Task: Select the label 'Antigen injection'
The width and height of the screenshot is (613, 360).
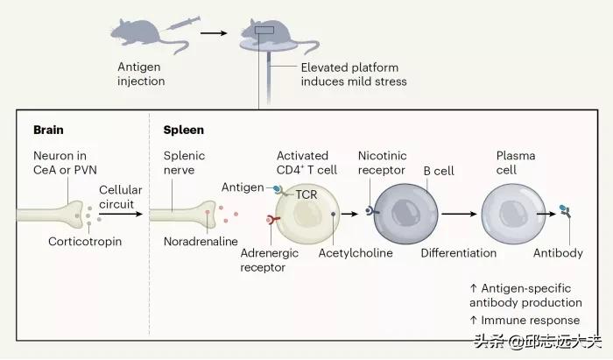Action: [142, 74]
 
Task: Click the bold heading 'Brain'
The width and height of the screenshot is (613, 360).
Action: [48, 130]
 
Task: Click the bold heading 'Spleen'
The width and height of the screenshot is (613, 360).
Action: [183, 130]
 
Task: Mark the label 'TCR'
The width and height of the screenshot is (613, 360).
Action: [306, 194]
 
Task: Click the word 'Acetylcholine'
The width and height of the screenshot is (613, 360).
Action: [356, 253]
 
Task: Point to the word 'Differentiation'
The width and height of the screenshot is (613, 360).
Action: [458, 253]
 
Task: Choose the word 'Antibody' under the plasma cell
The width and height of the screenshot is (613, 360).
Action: [558, 253]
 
